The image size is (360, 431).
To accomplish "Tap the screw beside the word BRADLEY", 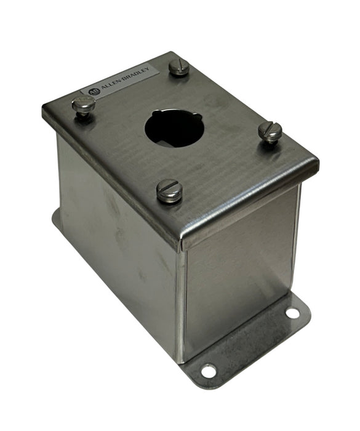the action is click(x=179, y=66).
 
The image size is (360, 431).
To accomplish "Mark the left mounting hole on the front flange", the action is click(x=209, y=371).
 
